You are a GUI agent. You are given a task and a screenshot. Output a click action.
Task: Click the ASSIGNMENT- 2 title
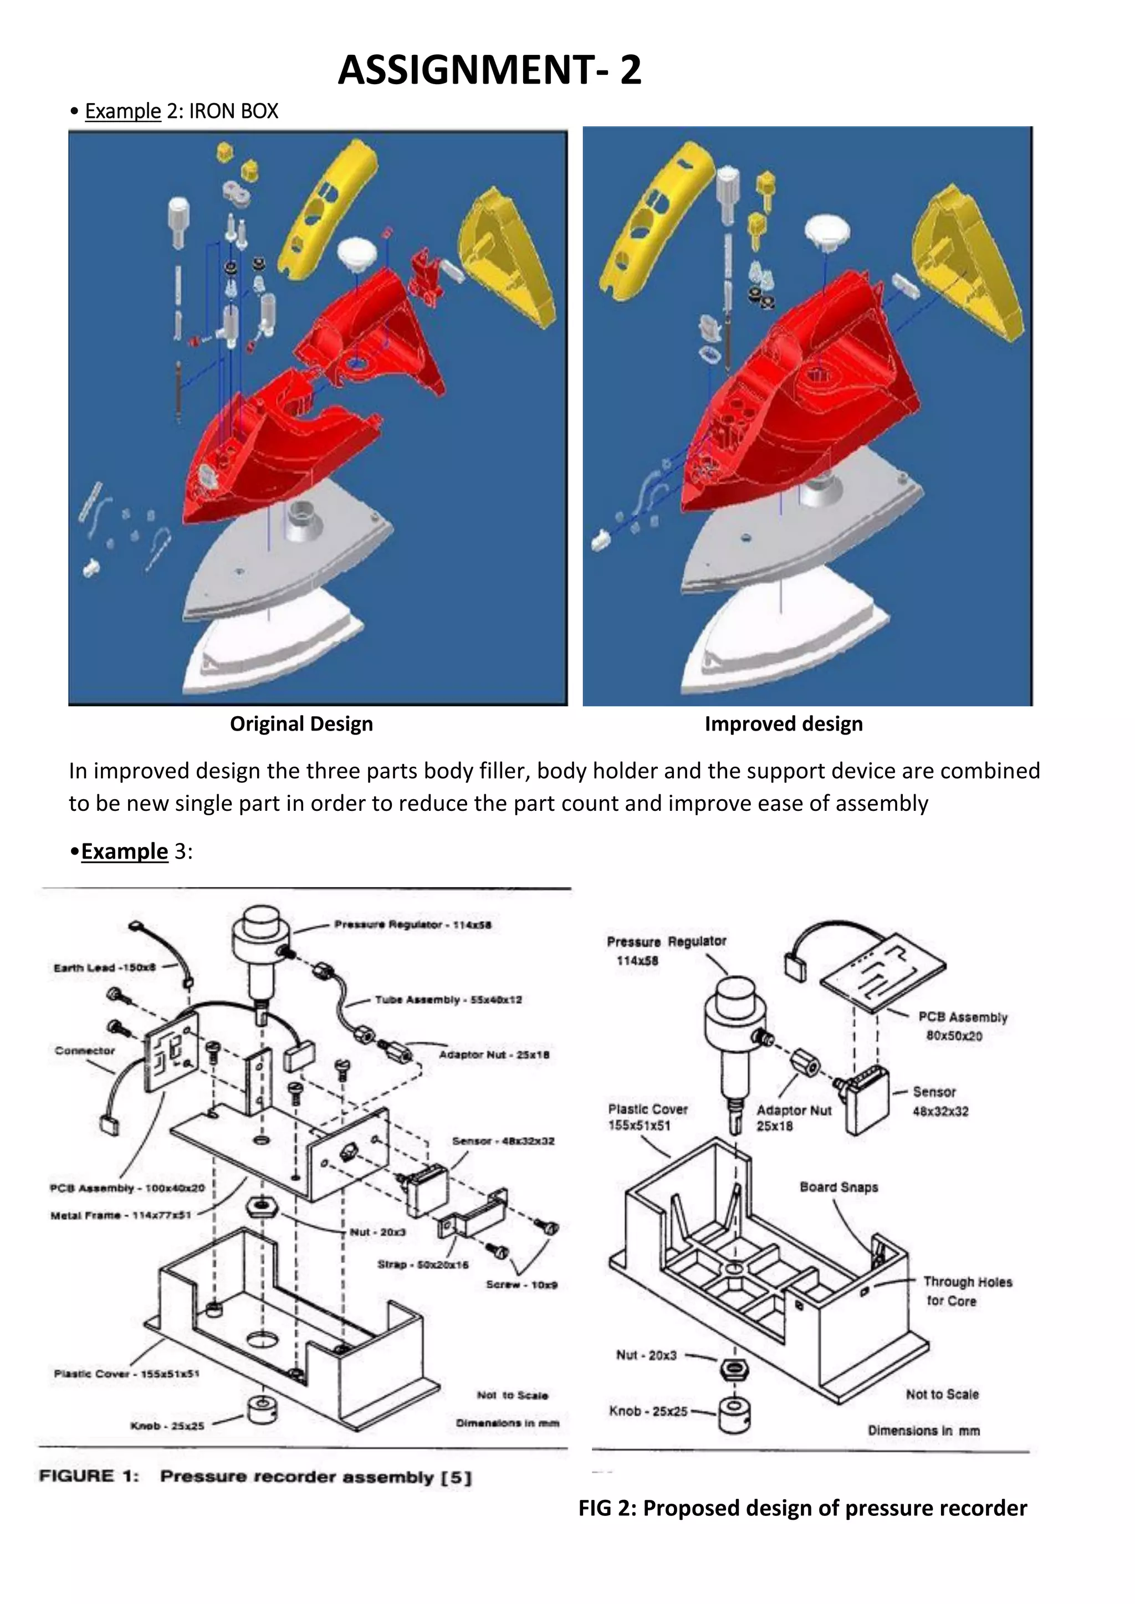tap(489, 70)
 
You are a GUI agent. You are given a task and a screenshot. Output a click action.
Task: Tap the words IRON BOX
tap(233, 111)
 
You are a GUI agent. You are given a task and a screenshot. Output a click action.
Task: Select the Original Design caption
tap(301, 724)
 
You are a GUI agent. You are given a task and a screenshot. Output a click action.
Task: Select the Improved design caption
tap(784, 724)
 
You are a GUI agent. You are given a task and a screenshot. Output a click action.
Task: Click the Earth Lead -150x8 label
tap(104, 968)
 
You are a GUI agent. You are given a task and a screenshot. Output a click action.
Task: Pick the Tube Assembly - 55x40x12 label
tap(448, 1000)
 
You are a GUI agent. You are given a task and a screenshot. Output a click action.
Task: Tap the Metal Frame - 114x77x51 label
tap(120, 1216)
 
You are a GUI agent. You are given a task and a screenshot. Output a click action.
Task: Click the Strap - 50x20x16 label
tap(423, 1264)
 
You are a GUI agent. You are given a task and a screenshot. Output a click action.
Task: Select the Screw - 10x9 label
tap(522, 1284)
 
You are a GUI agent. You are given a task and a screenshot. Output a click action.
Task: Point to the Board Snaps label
tap(839, 1187)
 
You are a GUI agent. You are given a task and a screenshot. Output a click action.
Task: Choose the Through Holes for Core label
tap(967, 1291)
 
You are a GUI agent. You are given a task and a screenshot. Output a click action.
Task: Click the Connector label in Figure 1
tap(85, 1051)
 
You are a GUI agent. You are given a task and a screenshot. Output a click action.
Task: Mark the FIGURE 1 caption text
tap(255, 1477)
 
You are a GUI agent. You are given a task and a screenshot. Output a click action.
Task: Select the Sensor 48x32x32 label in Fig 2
tap(940, 1102)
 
